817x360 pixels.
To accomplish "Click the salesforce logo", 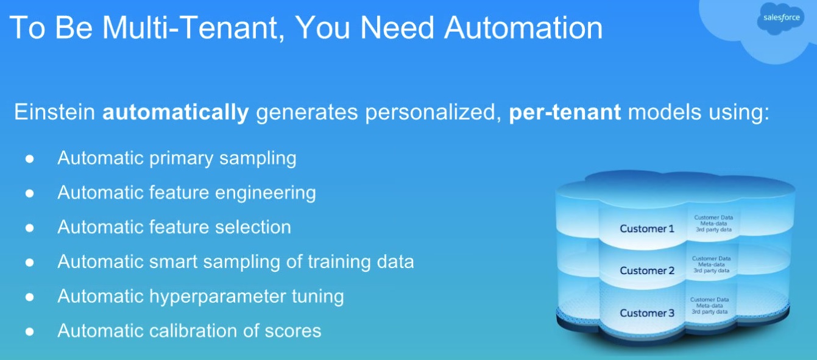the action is pyautogui.click(x=780, y=18).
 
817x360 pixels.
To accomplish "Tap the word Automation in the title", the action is pyautogui.click(x=523, y=28).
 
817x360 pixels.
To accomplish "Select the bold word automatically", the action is pyautogui.click(x=175, y=112).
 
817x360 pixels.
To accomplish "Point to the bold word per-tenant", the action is pyautogui.click(x=565, y=113).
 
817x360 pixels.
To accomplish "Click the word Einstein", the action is pyautogui.click(x=55, y=111).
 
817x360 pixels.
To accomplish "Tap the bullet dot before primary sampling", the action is pyautogui.click(x=29, y=158).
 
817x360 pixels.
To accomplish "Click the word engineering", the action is pyautogui.click(x=265, y=193).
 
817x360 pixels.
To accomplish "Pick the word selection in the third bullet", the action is pyautogui.click(x=253, y=227).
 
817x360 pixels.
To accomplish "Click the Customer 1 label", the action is pyautogui.click(x=646, y=228).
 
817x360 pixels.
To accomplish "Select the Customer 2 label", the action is pyautogui.click(x=646, y=270).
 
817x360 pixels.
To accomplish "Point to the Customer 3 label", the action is pyautogui.click(x=646, y=313).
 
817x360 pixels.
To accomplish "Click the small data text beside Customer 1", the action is pyautogui.click(x=713, y=224).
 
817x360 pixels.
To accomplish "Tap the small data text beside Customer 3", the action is pyautogui.click(x=710, y=306).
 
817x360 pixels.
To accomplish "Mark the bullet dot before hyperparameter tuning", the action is pyautogui.click(x=29, y=297).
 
